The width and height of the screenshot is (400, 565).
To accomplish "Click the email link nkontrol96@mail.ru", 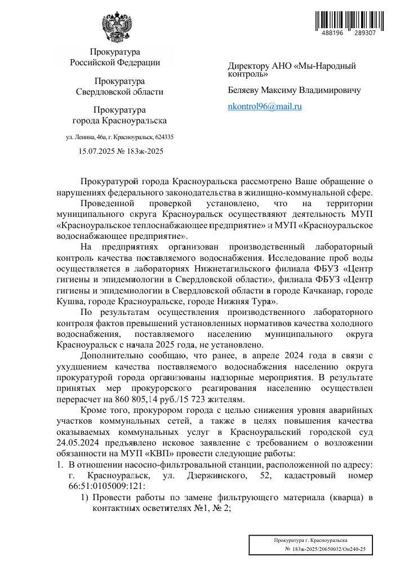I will click(265, 106).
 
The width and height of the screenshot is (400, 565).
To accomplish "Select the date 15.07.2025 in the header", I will click(100, 151).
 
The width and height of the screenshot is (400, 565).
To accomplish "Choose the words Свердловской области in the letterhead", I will click(119, 91).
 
